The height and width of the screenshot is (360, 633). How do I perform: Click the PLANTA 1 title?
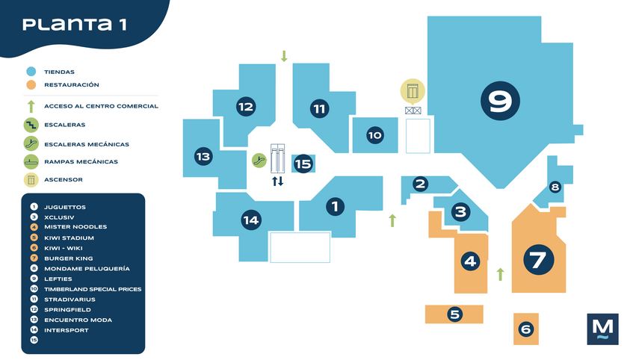click(74, 24)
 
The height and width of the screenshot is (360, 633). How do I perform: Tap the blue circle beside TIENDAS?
click(31, 72)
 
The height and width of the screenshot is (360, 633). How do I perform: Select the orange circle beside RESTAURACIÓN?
click(31, 85)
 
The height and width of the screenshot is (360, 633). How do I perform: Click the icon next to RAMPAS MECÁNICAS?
click(31, 161)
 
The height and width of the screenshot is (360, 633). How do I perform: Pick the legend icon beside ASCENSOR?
click(31, 179)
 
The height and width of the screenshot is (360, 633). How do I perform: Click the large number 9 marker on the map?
click(500, 101)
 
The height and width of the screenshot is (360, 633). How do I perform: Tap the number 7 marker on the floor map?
click(538, 260)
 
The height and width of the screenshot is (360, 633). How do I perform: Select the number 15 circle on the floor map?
click(303, 164)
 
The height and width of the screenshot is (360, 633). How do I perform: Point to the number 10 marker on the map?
click(374, 135)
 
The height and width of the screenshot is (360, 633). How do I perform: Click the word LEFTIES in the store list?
click(58, 279)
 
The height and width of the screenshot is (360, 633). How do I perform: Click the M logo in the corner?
click(602, 329)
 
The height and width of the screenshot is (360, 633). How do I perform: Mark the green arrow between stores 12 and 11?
click(284, 56)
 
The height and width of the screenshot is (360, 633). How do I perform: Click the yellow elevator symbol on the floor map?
click(412, 91)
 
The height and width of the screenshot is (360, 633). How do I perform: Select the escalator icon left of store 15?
click(259, 159)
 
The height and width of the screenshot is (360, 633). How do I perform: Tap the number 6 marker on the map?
click(525, 329)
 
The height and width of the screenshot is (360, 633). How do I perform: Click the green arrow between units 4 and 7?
click(501, 274)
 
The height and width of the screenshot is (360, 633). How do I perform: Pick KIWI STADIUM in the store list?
click(68, 238)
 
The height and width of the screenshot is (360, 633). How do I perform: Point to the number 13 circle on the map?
click(203, 157)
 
